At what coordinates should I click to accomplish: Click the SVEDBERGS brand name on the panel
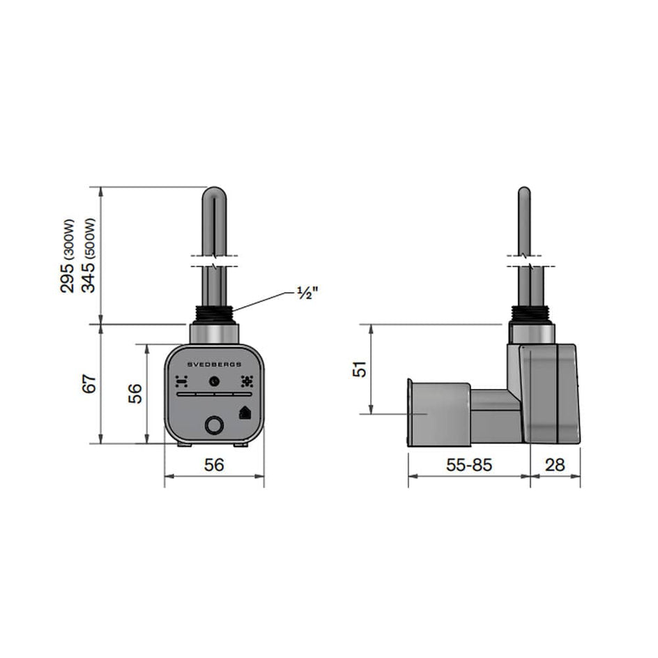coord(214,365)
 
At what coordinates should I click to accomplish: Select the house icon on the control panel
coord(245,412)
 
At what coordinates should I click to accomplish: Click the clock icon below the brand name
coord(214,381)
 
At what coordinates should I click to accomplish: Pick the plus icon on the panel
coord(246,381)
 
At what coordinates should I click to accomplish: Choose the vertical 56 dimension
coord(137,393)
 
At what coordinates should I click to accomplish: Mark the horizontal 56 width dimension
coord(214,465)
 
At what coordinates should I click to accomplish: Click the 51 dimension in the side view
coord(358,369)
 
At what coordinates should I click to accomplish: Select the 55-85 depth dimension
coord(468,465)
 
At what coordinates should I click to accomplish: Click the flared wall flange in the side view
coord(411,415)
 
